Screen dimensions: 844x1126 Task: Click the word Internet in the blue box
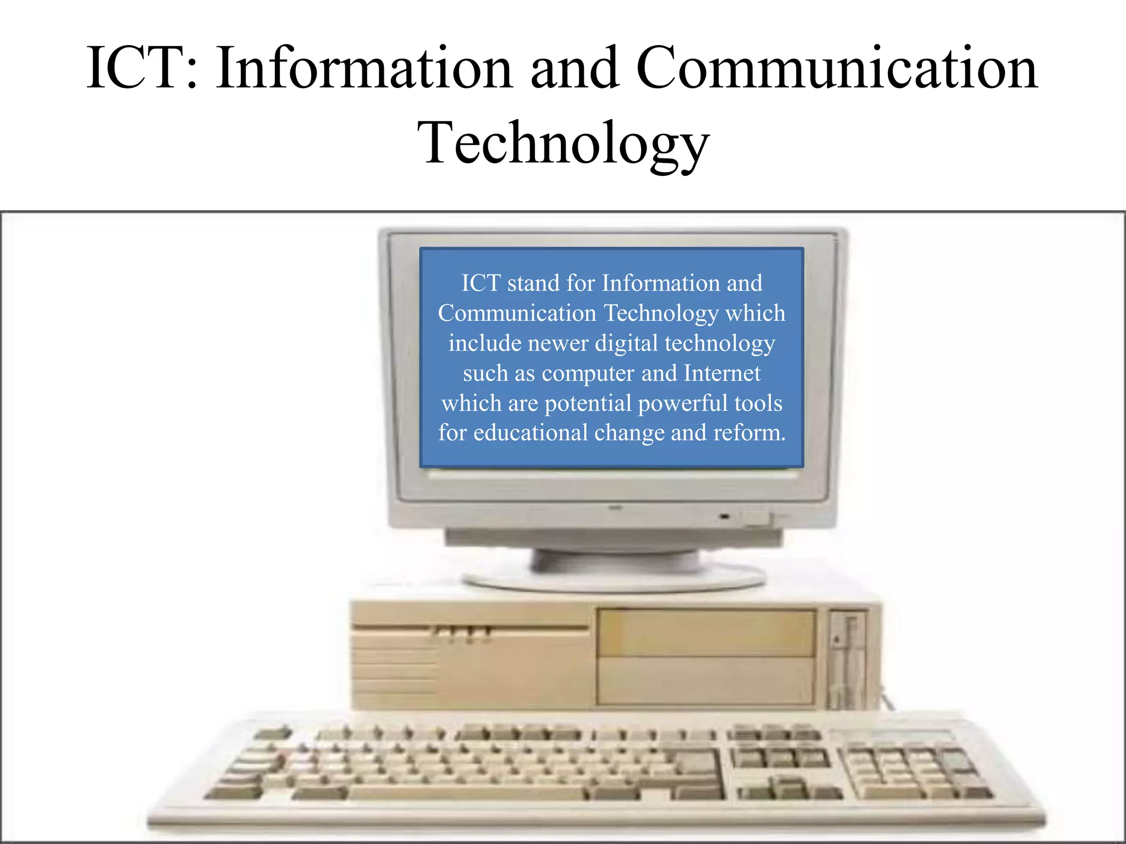coord(722,373)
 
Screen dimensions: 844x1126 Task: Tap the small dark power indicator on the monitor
coord(725,517)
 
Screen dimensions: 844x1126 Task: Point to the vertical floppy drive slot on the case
coord(849,659)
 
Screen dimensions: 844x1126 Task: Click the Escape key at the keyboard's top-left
coord(273,734)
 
